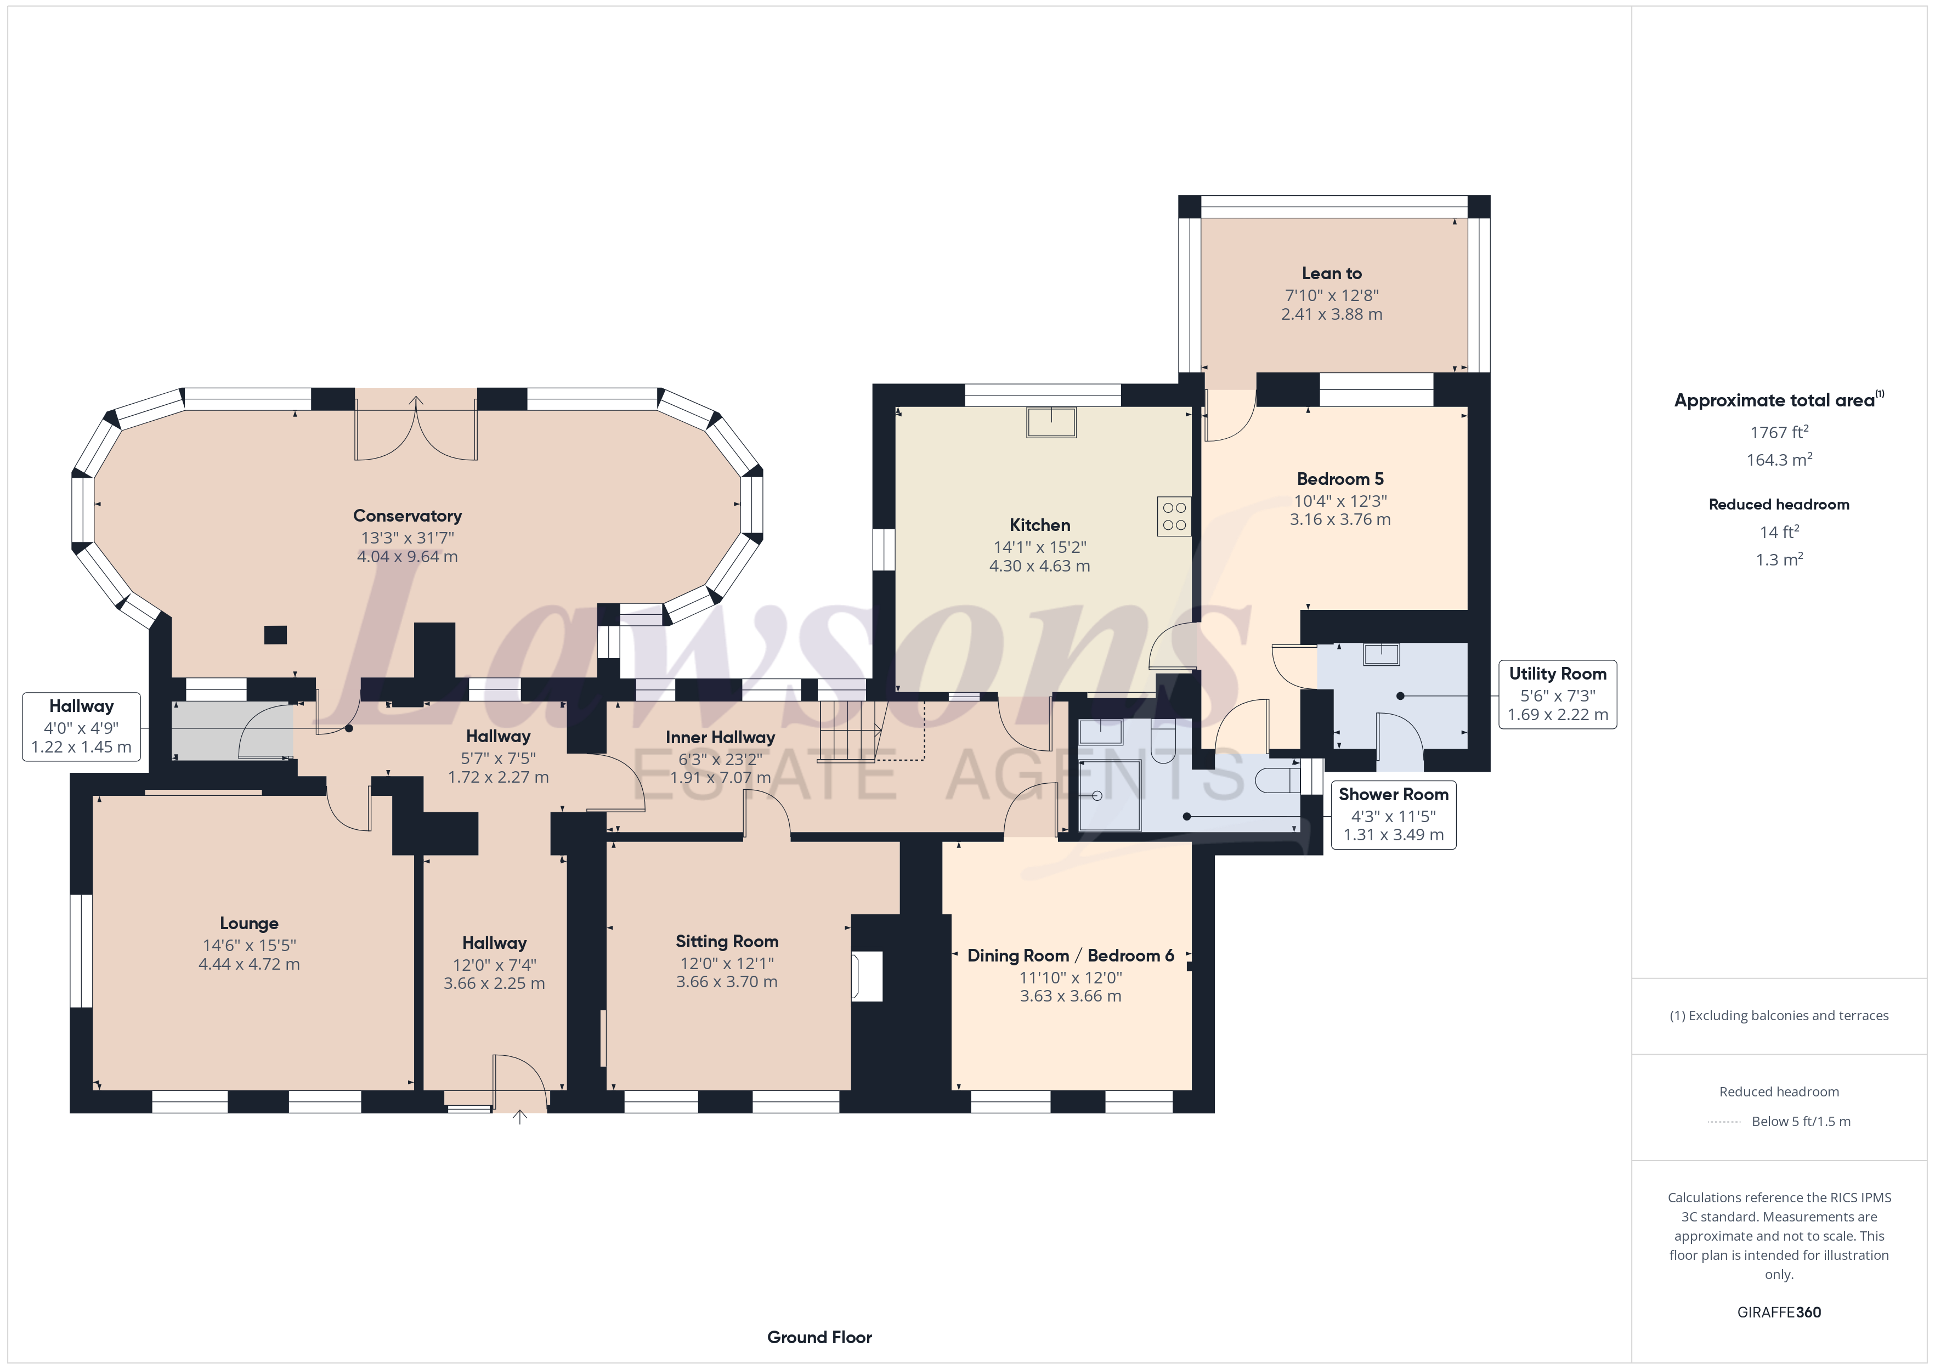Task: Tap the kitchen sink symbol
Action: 1051,421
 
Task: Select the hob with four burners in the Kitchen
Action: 1174,516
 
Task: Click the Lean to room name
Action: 1332,273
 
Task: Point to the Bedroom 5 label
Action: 1340,479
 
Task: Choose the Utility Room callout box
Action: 1558,694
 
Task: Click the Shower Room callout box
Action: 1393,815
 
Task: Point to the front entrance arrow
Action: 520,1118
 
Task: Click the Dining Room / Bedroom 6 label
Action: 1070,956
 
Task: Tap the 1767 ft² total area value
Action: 1779,432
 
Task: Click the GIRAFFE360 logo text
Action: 1779,1313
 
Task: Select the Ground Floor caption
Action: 819,1337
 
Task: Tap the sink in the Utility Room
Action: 1381,654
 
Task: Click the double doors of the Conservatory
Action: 416,427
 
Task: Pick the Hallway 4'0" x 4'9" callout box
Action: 81,727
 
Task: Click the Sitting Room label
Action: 727,942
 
